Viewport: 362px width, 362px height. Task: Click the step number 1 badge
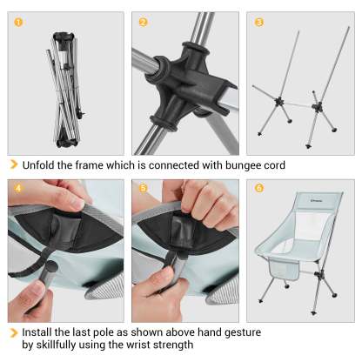(18, 22)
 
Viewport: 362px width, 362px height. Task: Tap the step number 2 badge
(143, 22)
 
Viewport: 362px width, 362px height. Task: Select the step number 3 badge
(259, 22)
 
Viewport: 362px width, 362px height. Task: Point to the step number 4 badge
(18, 188)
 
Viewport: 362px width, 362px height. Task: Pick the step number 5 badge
(143, 188)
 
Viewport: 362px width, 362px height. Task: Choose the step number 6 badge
(259, 188)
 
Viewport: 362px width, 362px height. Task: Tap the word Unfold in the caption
(38, 165)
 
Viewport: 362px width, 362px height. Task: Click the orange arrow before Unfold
(14, 164)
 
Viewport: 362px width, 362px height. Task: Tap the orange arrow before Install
(14, 332)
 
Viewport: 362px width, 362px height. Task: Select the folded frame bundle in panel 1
(66, 90)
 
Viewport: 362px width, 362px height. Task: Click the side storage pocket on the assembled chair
(284, 270)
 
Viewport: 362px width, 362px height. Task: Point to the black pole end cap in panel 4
(50, 266)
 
